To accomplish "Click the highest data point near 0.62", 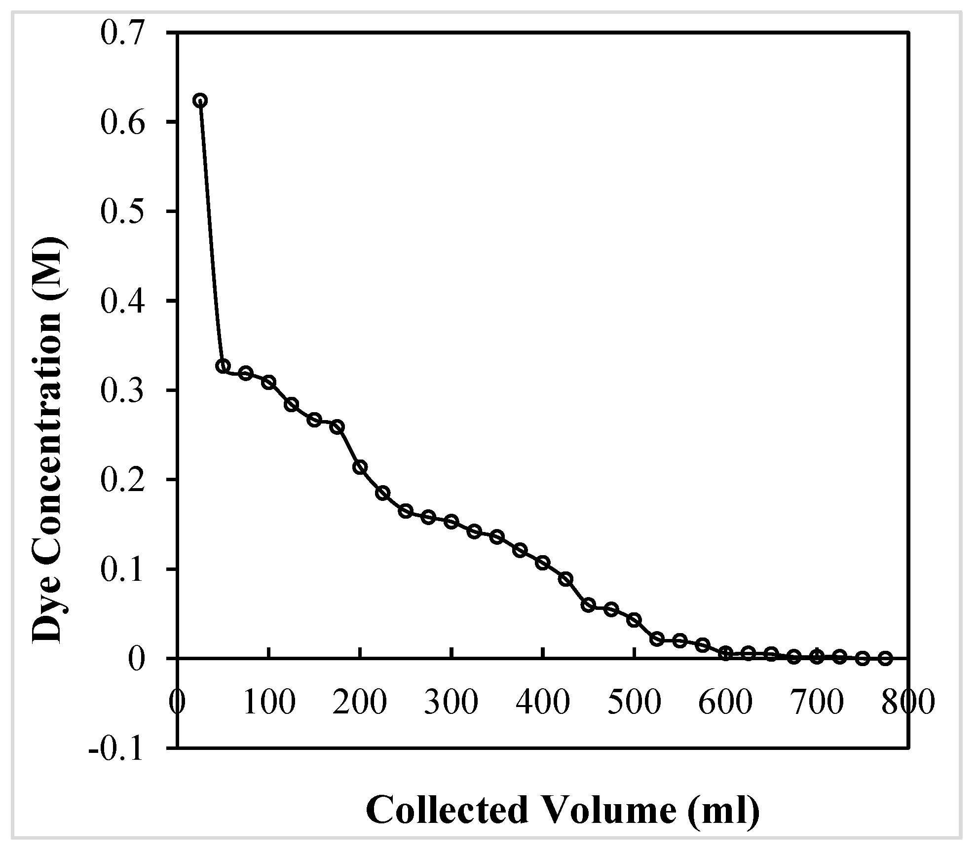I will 200,101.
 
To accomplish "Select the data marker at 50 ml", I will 223,366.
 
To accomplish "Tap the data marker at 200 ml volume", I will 360,467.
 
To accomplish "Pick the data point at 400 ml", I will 543,563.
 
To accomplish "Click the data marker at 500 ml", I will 634,620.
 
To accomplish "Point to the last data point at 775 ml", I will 886,659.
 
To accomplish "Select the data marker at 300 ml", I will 451,522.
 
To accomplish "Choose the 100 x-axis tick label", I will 269,701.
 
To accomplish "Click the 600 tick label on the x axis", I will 725,701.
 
